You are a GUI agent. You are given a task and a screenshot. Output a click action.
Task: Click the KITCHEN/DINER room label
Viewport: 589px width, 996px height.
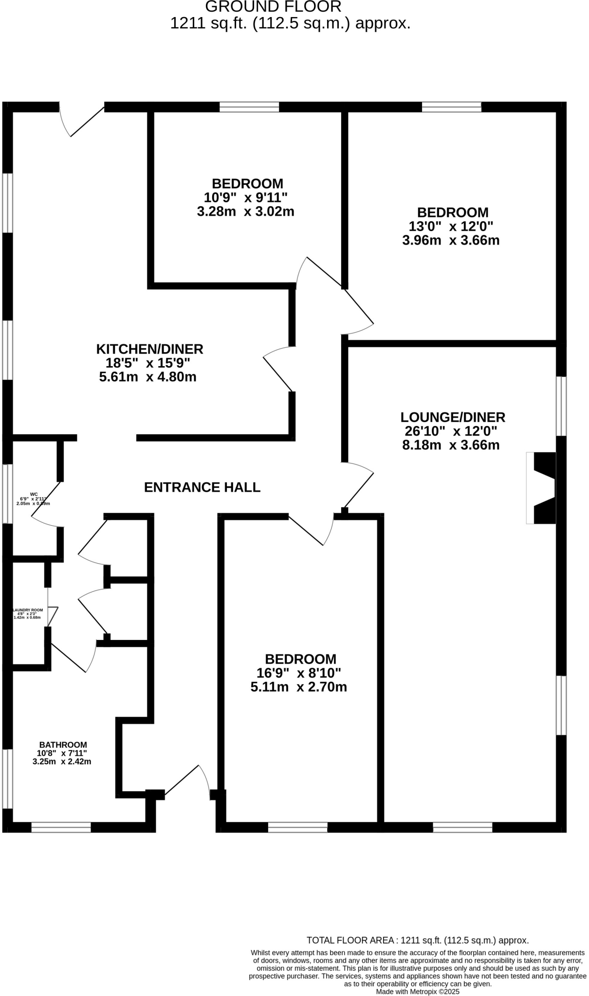pyautogui.click(x=149, y=349)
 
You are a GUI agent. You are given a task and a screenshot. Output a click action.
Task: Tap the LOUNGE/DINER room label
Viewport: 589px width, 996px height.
pyautogui.click(x=453, y=417)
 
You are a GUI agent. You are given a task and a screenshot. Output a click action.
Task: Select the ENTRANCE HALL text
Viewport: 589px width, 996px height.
pyautogui.click(x=202, y=487)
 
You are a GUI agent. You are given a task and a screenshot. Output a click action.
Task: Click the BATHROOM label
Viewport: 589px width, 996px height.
pyautogui.click(x=63, y=745)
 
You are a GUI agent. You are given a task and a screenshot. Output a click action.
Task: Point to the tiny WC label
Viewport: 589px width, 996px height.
pyautogui.click(x=34, y=494)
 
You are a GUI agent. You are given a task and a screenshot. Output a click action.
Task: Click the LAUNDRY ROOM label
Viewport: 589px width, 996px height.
pyautogui.click(x=28, y=610)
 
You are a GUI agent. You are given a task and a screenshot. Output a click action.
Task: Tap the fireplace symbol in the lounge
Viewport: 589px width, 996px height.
pyautogui.click(x=542, y=488)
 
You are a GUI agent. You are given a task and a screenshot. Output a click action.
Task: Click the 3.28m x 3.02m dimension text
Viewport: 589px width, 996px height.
pyautogui.click(x=245, y=212)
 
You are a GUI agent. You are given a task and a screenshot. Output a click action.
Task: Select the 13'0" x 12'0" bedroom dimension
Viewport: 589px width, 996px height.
pyautogui.click(x=451, y=226)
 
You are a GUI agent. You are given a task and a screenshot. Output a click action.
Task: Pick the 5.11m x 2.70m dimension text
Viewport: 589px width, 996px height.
pyautogui.click(x=298, y=687)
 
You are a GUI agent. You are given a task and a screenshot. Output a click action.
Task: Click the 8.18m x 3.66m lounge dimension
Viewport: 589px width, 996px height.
pyautogui.click(x=451, y=445)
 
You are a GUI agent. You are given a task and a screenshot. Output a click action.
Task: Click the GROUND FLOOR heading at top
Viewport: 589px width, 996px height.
pyautogui.click(x=273, y=7)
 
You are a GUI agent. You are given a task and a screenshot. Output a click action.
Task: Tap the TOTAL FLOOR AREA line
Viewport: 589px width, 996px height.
pyautogui.click(x=417, y=940)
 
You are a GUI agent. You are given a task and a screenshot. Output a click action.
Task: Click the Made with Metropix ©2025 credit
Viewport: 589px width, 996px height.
pyautogui.click(x=417, y=991)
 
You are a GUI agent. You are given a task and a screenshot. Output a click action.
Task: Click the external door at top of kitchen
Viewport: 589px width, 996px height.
pyautogui.click(x=81, y=120)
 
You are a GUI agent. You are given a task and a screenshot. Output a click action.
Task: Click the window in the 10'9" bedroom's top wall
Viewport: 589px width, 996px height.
pyautogui.click(x=249, y=107)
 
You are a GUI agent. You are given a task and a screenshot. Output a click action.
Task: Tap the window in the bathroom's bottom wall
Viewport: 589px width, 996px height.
pyautogui.click(x=61, y=827)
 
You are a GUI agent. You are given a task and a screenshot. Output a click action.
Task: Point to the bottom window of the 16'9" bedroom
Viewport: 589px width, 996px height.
pyautogui.click(x=297, y=827)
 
